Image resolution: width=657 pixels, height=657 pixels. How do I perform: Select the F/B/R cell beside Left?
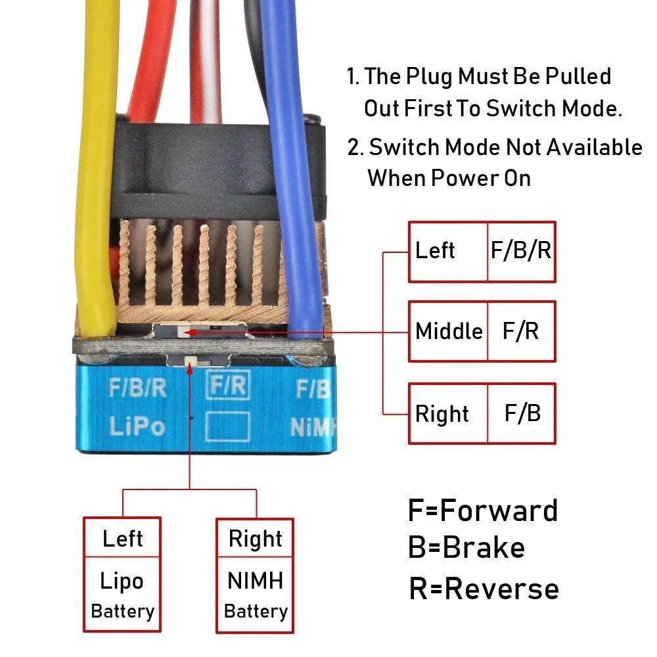522,252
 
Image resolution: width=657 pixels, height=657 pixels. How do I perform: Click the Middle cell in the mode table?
448,331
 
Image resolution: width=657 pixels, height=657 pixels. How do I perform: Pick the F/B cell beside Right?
522,413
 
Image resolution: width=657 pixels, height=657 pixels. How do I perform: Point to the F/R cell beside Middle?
522,331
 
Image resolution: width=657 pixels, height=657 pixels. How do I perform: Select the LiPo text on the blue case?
137,426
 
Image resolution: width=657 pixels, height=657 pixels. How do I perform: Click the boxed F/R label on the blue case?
229,384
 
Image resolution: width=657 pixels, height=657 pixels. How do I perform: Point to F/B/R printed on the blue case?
137,388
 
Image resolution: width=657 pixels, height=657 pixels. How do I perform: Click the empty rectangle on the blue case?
229,426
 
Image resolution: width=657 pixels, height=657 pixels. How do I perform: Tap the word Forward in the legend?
499,510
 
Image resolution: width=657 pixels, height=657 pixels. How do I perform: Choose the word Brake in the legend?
484,547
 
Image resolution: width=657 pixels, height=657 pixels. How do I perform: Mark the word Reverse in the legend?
501,588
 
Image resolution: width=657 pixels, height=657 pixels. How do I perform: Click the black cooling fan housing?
218,168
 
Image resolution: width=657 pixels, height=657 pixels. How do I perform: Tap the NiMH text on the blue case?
313,428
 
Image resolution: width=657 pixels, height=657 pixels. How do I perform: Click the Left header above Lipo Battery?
122,538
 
